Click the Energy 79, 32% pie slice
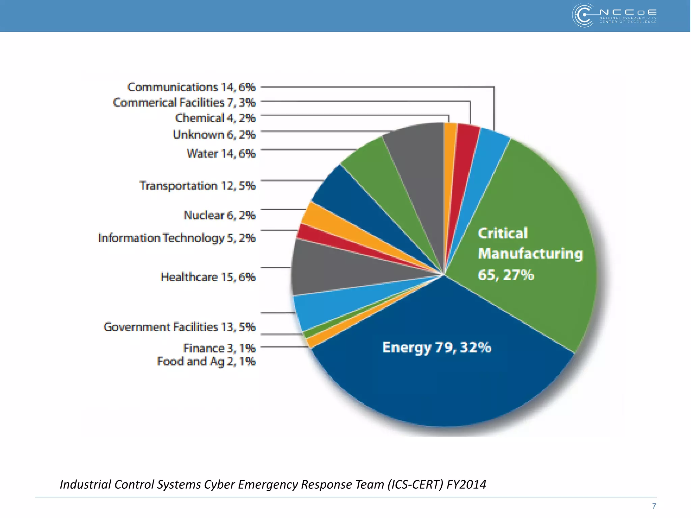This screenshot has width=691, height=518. click(x=439, y=378)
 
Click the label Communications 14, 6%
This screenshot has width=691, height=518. click(x=191, y=87)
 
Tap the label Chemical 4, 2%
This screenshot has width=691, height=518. click(x=215, y=118)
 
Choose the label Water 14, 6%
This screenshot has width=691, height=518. click(x=221, y=153)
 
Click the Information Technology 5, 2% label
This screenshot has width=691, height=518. click(x=177, y=238)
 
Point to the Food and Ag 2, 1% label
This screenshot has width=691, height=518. click(x=206, y=362)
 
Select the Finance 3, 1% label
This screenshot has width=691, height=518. click(x=219, y=348)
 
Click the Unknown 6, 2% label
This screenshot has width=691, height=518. click(x=214, y=135)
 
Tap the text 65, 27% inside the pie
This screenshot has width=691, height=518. click(x=505, y=275)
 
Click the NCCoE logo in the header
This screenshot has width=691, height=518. click(x=614, y=16)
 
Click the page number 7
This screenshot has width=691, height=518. click(x=654, y=506)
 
